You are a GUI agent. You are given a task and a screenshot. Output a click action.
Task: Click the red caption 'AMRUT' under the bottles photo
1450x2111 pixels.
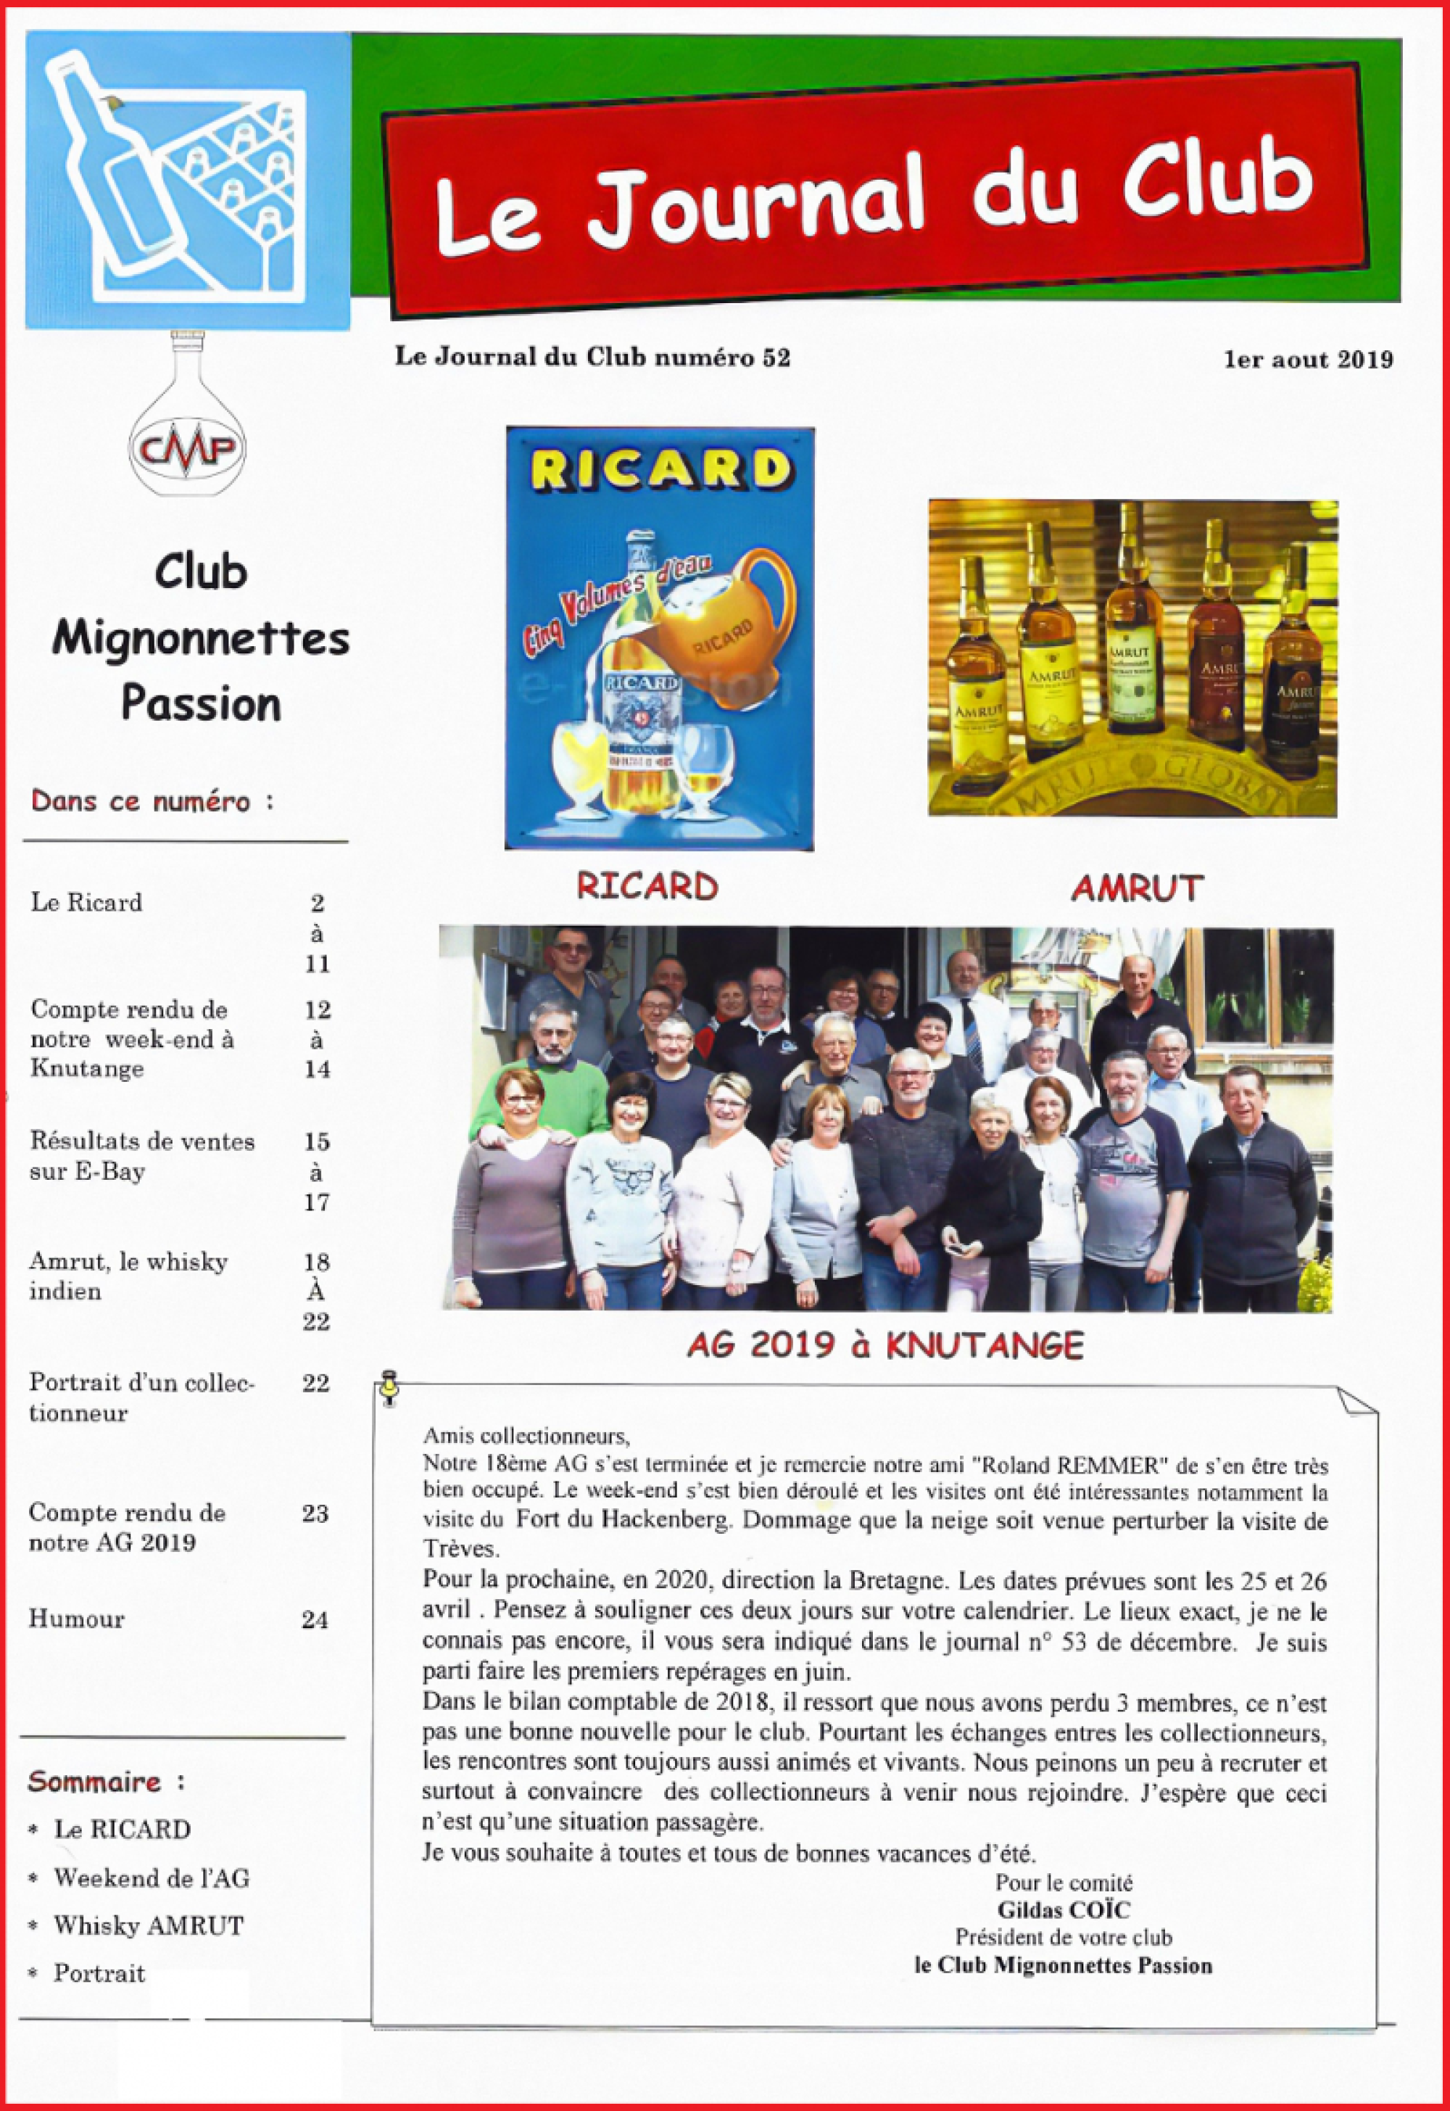pyautogui.click(x=1137, y=888)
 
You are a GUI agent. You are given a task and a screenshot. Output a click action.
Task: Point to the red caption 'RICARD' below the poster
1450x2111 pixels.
pyautogui.click(x=647, y=886)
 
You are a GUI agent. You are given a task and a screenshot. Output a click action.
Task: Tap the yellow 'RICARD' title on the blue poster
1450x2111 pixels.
pyautogui.click(x=660, y=470)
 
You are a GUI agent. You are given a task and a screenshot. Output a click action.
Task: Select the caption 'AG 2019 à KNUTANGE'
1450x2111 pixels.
pyautogui.click(x=885, y=1345)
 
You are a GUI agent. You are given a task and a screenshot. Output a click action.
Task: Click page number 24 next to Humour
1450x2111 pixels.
pyautogui.click(x=315, y=1619)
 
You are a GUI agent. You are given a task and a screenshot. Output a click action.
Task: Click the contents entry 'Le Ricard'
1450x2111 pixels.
pyautogui.click(x=86, y=902)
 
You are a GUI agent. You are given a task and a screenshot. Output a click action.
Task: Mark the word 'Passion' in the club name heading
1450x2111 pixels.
pyautogui.click(x=201, y=704)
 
